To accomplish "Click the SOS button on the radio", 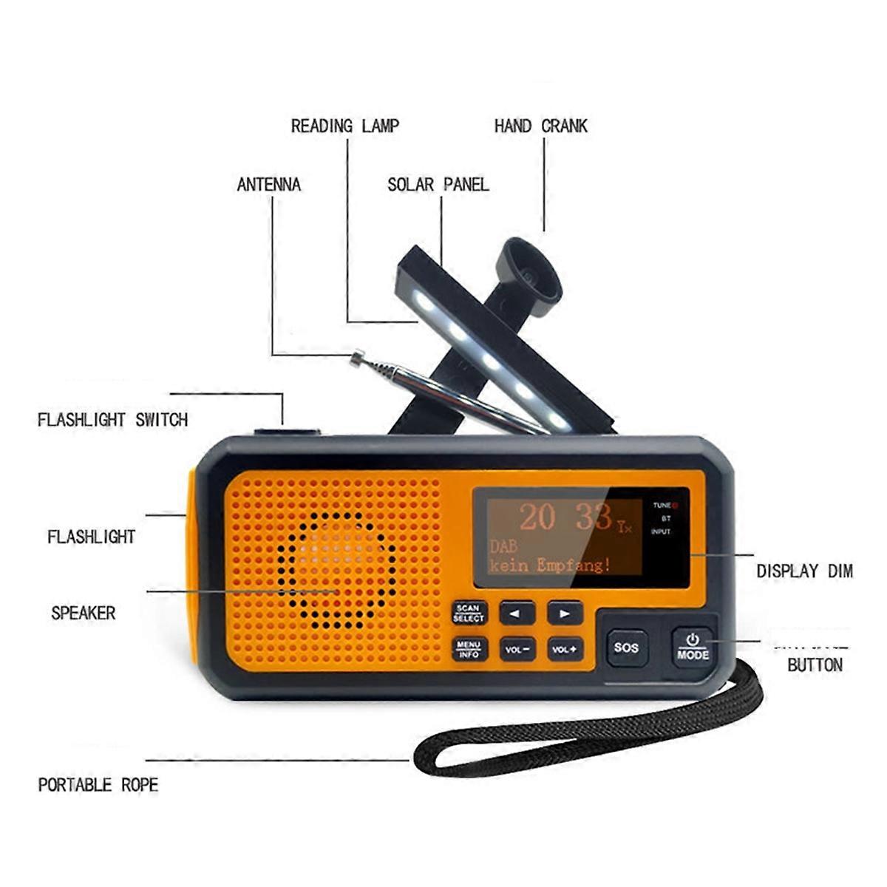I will [x=625, y=648].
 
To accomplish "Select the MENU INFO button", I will [x=469, y=649].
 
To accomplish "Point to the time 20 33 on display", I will [x=565, y=517].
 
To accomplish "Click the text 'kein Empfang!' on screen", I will [x=550, y=565].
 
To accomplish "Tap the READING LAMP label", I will [x=344, y=126].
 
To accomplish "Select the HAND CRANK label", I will [x=540, y=126].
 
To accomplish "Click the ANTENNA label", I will [x=269, y=185].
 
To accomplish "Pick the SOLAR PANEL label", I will [x=438, y=185].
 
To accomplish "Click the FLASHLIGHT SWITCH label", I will [x=112, y=420].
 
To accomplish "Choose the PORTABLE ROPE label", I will [x=98, y=785].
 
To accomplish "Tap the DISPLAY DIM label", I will [x=803, y=571].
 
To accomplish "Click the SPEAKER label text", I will [x=84, y=613].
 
